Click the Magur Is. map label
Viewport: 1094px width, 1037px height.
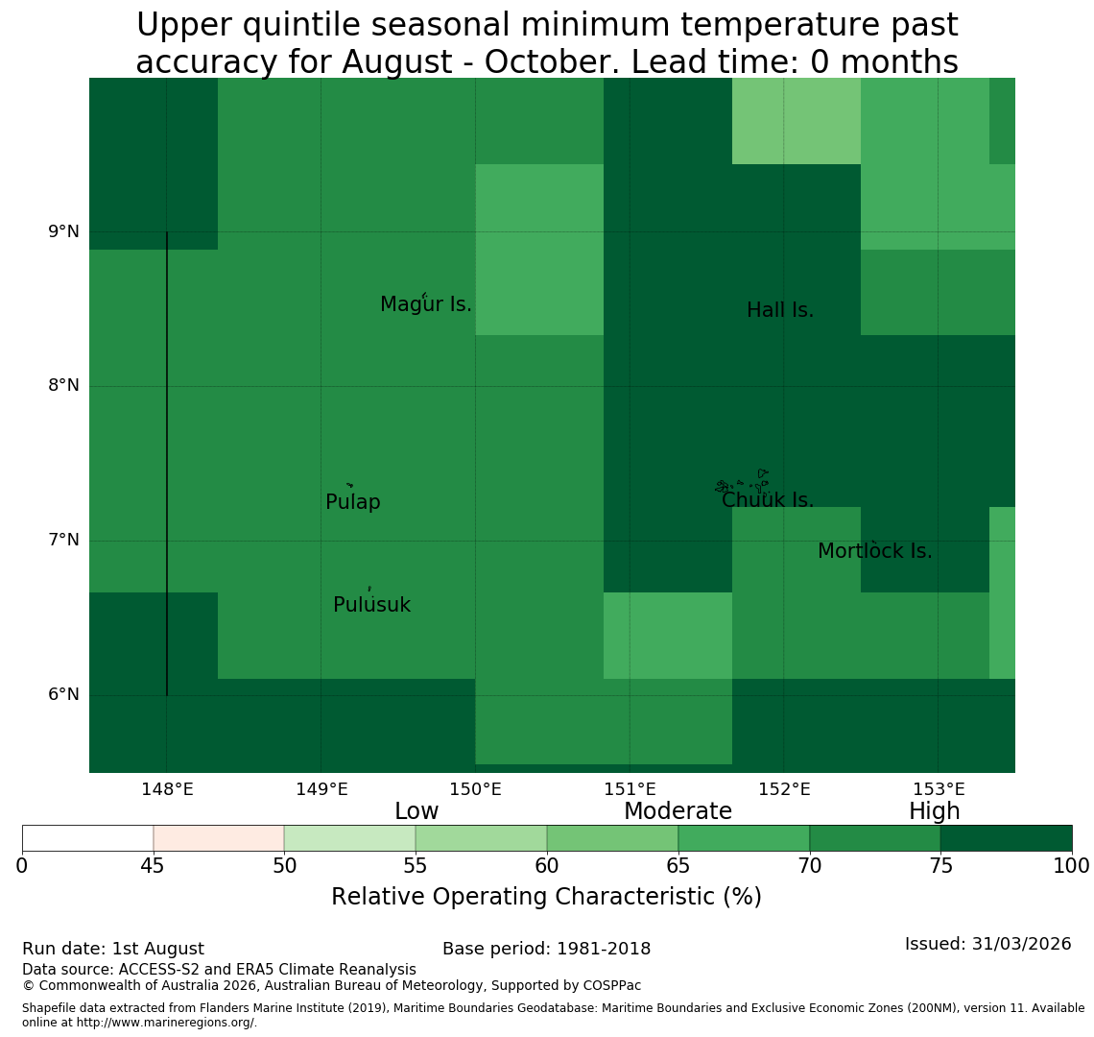tap(425, 304)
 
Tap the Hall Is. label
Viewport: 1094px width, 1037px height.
tap(780, 310)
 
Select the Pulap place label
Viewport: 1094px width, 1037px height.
tap(353, 502)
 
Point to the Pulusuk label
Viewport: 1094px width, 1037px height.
tap(372, 605)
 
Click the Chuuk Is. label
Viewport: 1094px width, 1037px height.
tap(768, 500)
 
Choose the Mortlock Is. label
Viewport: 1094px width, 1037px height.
tap(875, 551)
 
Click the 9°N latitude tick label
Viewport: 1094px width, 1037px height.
tap(63, 231)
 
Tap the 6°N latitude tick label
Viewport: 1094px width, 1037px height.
tap(63, 695)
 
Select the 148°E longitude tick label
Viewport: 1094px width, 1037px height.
tap(167, 790)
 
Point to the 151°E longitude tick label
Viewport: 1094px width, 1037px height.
tap(630, 790)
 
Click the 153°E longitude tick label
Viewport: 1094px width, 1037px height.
tap(939, 790)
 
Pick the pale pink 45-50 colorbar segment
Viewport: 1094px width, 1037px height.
tap(219, 838)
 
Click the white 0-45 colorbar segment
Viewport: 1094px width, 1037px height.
tap(88, 838)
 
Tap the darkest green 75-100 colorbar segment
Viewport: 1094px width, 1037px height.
tap(1006, 838)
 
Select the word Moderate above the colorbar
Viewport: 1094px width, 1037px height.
tap(678, 811)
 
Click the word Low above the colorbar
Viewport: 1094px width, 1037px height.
tap(416, 811)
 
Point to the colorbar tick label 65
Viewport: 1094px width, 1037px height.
tap(678, 867)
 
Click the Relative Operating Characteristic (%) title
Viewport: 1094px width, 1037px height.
tap(546, 897)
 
